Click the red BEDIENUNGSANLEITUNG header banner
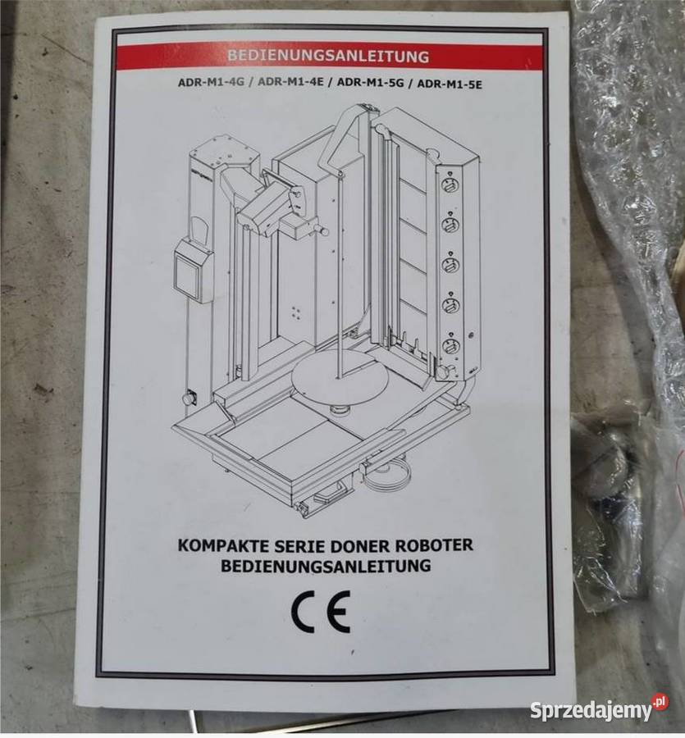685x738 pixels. point(329,56)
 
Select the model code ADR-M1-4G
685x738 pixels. point(211,82)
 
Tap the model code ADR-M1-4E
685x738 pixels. point(290,82)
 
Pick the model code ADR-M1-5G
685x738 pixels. point(371,83)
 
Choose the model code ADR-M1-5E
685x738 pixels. point(450,84)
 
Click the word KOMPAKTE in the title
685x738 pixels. point(223,545)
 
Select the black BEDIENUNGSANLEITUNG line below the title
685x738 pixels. point(326,565)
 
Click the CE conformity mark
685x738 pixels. point(321,612)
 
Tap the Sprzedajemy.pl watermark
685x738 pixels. point(599,710)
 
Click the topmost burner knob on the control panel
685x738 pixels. point(450,184)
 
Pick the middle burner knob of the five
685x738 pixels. point(450,264)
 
